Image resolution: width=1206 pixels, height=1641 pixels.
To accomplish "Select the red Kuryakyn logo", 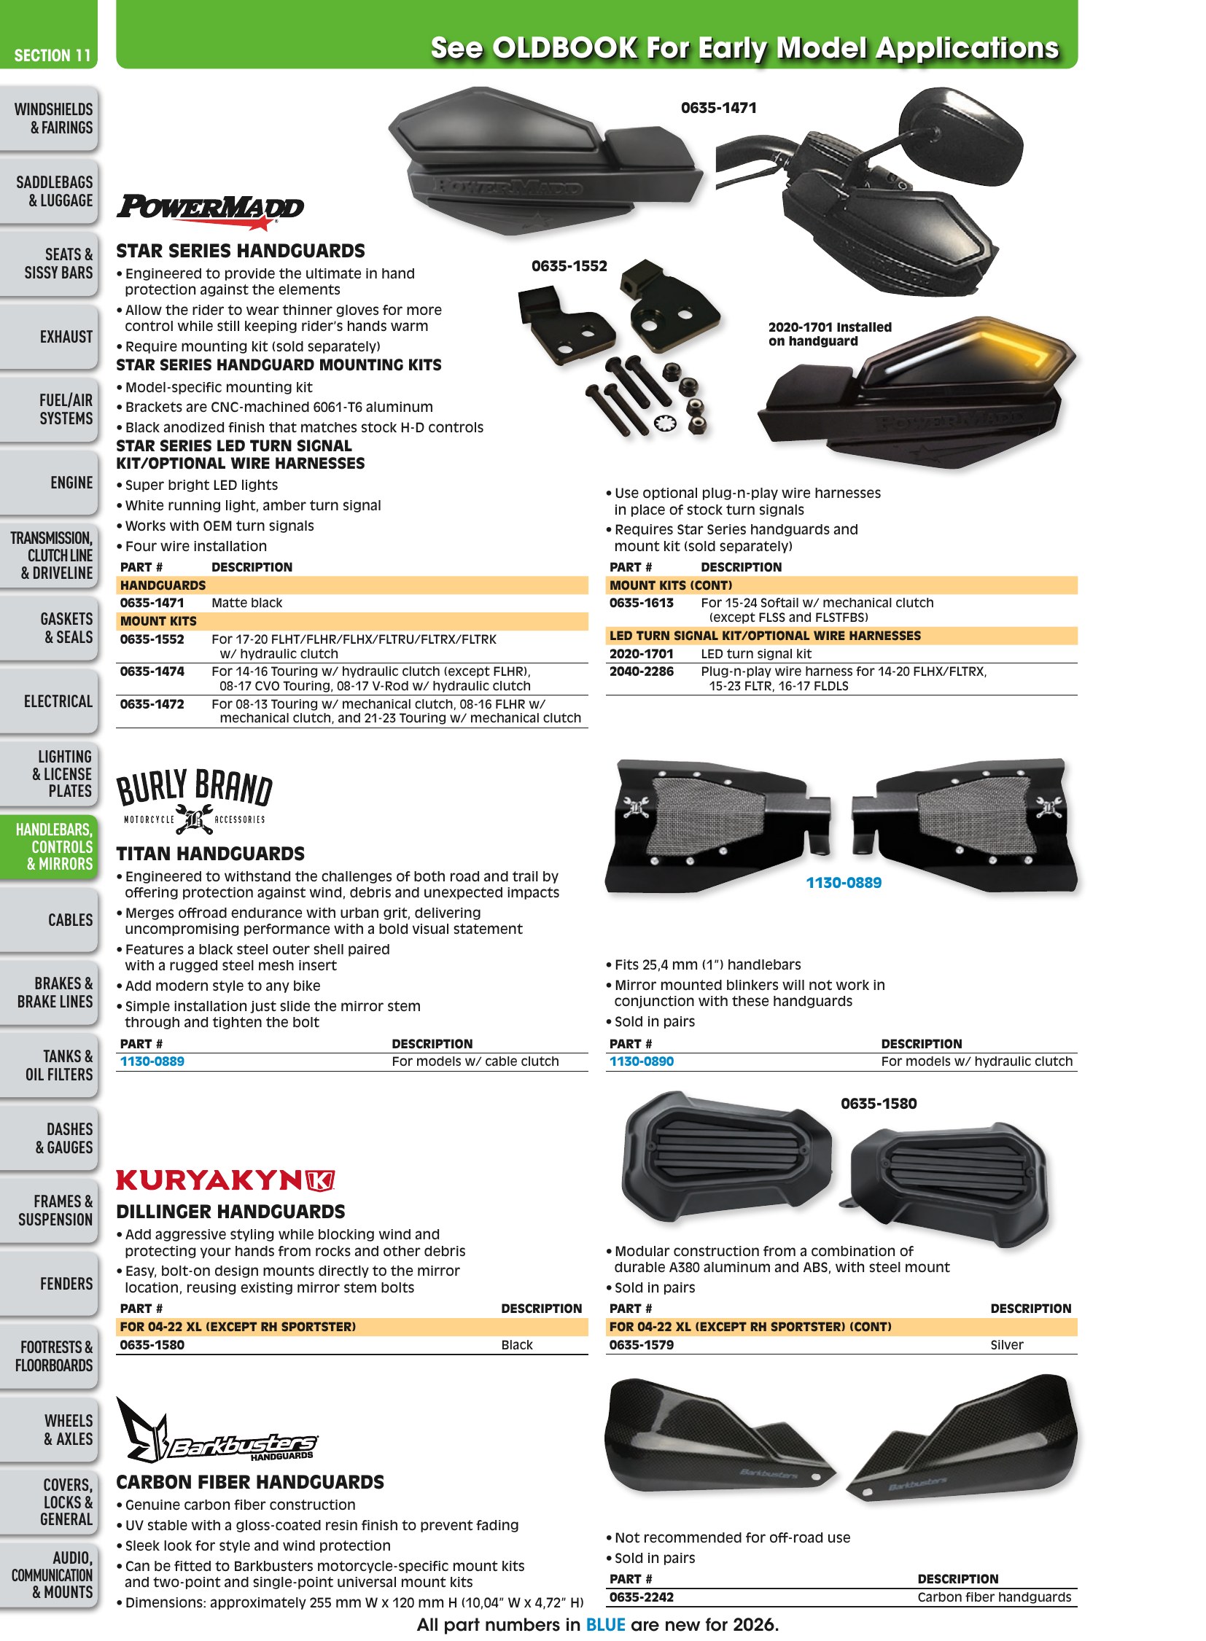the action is (225, 1180).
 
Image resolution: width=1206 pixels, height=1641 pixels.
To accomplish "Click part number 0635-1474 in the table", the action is (152, 671).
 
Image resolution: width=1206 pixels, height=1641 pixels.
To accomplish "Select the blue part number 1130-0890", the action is (642, 1061).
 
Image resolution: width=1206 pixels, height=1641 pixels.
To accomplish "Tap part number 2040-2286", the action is (642, 671).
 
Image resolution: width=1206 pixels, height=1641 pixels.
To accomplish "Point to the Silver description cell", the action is (1007, 1344).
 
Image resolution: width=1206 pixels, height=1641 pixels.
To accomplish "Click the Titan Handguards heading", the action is (210, 854).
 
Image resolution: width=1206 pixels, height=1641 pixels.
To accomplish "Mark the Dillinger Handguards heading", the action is (230, 1211).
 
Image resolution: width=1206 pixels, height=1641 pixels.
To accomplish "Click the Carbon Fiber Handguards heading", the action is (250, 1482).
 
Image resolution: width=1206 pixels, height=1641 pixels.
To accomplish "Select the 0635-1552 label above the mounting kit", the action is (569, 266).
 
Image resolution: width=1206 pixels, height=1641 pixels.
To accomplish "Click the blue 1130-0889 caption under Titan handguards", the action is (844, 883).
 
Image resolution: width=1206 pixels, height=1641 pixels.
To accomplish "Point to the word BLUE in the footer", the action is (606, 1625).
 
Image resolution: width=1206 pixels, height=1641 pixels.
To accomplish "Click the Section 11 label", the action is (52, 55).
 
